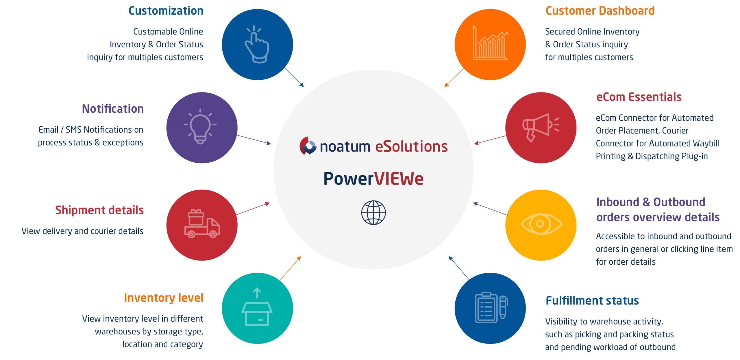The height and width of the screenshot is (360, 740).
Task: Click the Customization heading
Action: coord(166,11)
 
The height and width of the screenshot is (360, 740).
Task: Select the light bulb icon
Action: coord(200,126)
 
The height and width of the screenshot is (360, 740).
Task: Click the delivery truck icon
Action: coord(202,224)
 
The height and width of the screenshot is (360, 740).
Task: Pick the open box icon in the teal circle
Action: coord(257,307)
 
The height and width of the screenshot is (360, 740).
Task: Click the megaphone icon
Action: coord(541,127)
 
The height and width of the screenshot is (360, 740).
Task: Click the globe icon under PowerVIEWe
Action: coord(373,213)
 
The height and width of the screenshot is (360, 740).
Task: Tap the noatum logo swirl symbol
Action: coord(308,146)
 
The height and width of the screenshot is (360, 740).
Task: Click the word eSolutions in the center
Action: coord(411,146)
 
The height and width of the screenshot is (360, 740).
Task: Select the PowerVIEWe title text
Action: coord(373,179)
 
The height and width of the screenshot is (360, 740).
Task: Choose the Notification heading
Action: coord(113,109)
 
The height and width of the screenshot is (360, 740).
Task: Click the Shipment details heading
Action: coord(99,210)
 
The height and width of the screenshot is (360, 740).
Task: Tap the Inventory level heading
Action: coord(164,298)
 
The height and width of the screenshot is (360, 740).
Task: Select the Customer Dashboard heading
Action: coord(600,11)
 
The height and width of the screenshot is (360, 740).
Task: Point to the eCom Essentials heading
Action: coord(639,97)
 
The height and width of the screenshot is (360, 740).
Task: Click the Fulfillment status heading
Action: coord(592,301)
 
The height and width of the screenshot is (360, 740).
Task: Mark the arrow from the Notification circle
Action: coord(254,140)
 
